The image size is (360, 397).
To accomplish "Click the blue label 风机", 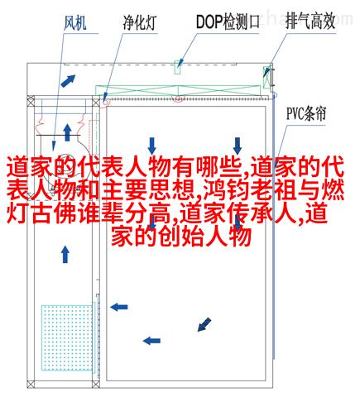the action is pyautogui.click(x=75, y=22).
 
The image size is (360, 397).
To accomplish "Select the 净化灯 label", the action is pyautogui.click(x=140, y=22).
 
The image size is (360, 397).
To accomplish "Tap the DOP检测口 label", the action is pyautogui.click(x=228, y=22).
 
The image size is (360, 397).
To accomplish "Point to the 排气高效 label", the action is pyautogui.click(x=310, y=21).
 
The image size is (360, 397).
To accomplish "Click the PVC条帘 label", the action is pyautogui.click(x=306, y=114).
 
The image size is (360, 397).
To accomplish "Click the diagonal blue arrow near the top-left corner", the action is pyautogui.click(x=68, y=81).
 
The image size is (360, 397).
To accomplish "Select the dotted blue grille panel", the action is pyautogui.click(x=67, y=337).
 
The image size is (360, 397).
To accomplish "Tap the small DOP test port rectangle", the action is pyautogui.click(x=178, y=67).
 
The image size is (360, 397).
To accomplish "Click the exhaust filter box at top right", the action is pyautogui.click(x=266, y=77).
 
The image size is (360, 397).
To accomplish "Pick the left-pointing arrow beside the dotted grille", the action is pyautogui.click(x=119, y=307).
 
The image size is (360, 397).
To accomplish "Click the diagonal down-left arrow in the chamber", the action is pyautogui.click(x=204, y=324).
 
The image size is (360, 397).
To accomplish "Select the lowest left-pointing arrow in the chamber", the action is pyautogui.click(x=151, y=341).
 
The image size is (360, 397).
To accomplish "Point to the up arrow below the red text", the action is pyautogui.click(x=65, y=254).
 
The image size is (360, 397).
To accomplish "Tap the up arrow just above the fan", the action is pyautogui.click(x=67, y=132).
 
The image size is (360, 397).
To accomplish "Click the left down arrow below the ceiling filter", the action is pyautogui.click(x=152, y=146).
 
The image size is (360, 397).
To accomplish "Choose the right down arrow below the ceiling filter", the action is pyautogui.click(x=238, y=146).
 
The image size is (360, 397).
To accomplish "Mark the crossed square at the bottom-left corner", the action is pyautogui.click(x=31, y=385).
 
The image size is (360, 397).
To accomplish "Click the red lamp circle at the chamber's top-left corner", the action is pyautogui.click(x=105, y=102).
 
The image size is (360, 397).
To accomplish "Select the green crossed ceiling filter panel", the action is pyautogui.click(x=178, y=90).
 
